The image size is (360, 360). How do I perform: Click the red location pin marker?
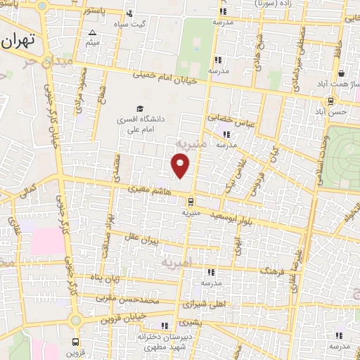pos(181,165)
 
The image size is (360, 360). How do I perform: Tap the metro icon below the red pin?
pos(188,200)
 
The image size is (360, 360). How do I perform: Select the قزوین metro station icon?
pos(75,342)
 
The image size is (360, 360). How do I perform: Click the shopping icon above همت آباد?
pos(340,73)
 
